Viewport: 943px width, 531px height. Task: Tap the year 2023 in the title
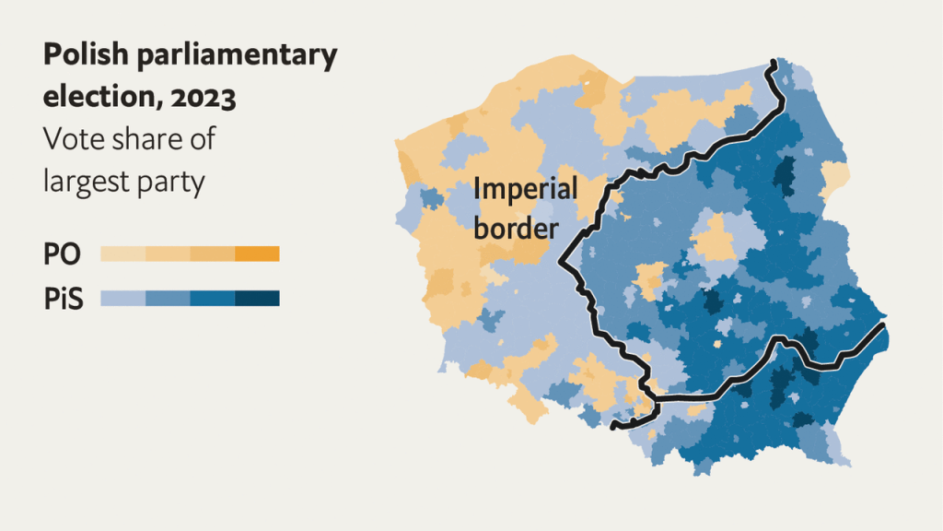pyautogui.click(x=204, y=97)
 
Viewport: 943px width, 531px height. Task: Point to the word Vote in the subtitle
pyautogui.click(x=75, y=139)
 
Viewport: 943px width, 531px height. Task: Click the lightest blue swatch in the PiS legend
pyautogui.click(x=122, y=299)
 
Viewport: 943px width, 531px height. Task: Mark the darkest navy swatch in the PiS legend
pyautogui.click(x=257, y=299)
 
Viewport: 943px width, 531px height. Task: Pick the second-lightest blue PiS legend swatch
pyautogui.click(x=167, y=299)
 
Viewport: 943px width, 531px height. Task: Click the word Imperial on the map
pyautogui.click(x=525, y=191)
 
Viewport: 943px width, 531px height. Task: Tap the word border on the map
pyautogui.click(x=516, y=228)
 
